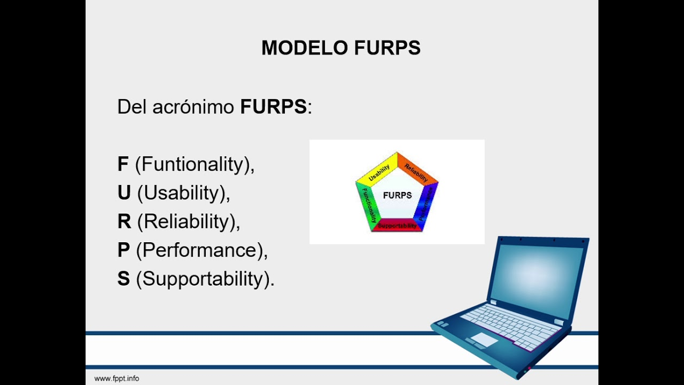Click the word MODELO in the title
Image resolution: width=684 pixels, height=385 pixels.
click(x=305, y=48)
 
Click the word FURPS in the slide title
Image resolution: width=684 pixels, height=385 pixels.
click(x=387, y=48)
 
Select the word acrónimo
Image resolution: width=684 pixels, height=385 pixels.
click(x=193, y=107)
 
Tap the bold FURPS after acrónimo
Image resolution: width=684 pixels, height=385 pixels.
click(x=273, y=107)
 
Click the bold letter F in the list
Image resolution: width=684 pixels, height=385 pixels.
click(x=123, y=164)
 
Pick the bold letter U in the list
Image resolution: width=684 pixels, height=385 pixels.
click(x=124, y=193)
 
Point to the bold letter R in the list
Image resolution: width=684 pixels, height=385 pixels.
click(x=124, y=221)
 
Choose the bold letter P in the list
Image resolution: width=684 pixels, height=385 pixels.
click(x=123, y=250)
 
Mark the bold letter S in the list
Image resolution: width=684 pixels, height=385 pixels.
click(x=123, y=279)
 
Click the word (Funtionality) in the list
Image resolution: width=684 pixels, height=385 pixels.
click(x=195, y=164)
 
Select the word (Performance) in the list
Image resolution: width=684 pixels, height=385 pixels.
click(x=201, y=250)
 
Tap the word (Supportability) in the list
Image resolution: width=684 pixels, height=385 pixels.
click(x=205, y=279)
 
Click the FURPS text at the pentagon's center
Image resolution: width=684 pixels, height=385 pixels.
click(x=398, y=195)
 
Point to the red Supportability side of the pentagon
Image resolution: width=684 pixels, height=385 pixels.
click(x=397, y=226)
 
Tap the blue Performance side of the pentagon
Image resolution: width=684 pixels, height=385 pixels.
click(x=428, y=206)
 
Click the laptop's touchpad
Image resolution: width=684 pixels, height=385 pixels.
click(x=484, y=339)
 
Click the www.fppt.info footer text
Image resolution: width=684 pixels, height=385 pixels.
click(x=116, y=379)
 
